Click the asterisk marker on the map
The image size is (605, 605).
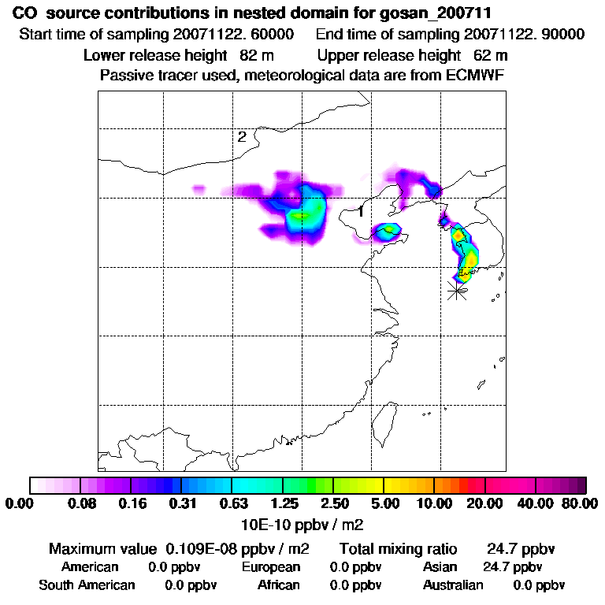[x=456, y=290]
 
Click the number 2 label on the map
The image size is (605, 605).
[x=242, y=137]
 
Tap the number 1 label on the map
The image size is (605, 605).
[x=360, y=211]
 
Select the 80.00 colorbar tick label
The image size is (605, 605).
[x=578, y=503]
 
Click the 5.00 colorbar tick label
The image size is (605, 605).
[x=384, y=503]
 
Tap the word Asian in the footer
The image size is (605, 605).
[x=440, y=567]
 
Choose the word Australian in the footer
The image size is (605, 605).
[x=453, y=585]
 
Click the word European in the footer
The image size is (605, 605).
[x=271, y=567]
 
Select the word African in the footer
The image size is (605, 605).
[x=279, y=585]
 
